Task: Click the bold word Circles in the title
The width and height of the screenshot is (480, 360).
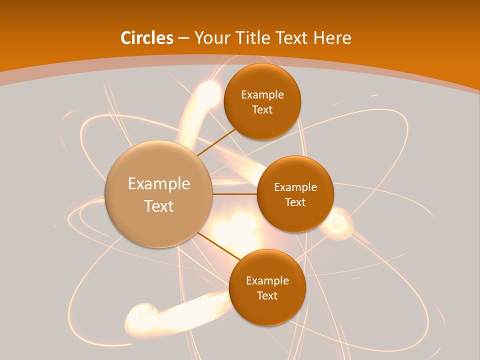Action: (146, 38)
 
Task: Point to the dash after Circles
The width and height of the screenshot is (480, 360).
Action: (183, 38)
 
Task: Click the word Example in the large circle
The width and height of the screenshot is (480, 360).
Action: (159, 184)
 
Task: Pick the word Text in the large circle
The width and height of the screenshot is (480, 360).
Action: (159, 206)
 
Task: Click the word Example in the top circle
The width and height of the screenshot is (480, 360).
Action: (262, 95)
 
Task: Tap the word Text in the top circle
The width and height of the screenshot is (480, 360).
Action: (262, 110)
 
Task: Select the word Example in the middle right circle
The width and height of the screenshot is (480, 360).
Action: (295, 187)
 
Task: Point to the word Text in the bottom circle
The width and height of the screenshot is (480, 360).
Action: (267, 295)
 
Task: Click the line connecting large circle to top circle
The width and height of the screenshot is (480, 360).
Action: (217, 141)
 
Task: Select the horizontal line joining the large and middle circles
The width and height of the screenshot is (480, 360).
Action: (234, 194)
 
